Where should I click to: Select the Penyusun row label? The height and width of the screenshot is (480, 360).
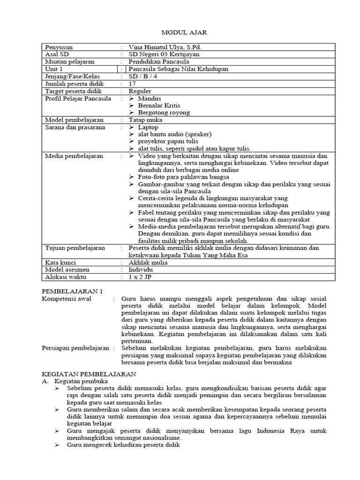pyautogui.click(x=59, y=47)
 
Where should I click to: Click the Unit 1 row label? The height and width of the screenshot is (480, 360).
pyautogui.click(x=54, y=69)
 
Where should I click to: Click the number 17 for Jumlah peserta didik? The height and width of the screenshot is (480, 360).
pyautogui.click(x=132, y=83)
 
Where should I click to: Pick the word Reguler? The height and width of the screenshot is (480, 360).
pyautogui.click(x=140, y=91)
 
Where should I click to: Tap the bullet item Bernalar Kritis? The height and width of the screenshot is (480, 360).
pyautogui.click(x=159, y=105)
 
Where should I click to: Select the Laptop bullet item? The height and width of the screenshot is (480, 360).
pyautogui.click(x=148, y=127)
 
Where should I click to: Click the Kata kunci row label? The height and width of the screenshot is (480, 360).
pyautogui.click(x=60, y=262)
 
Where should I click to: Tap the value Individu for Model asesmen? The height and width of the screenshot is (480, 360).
pyautogui.click(x=141, y=270)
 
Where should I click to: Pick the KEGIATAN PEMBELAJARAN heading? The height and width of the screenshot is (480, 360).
pyautogui.click(x=89, y=375)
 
